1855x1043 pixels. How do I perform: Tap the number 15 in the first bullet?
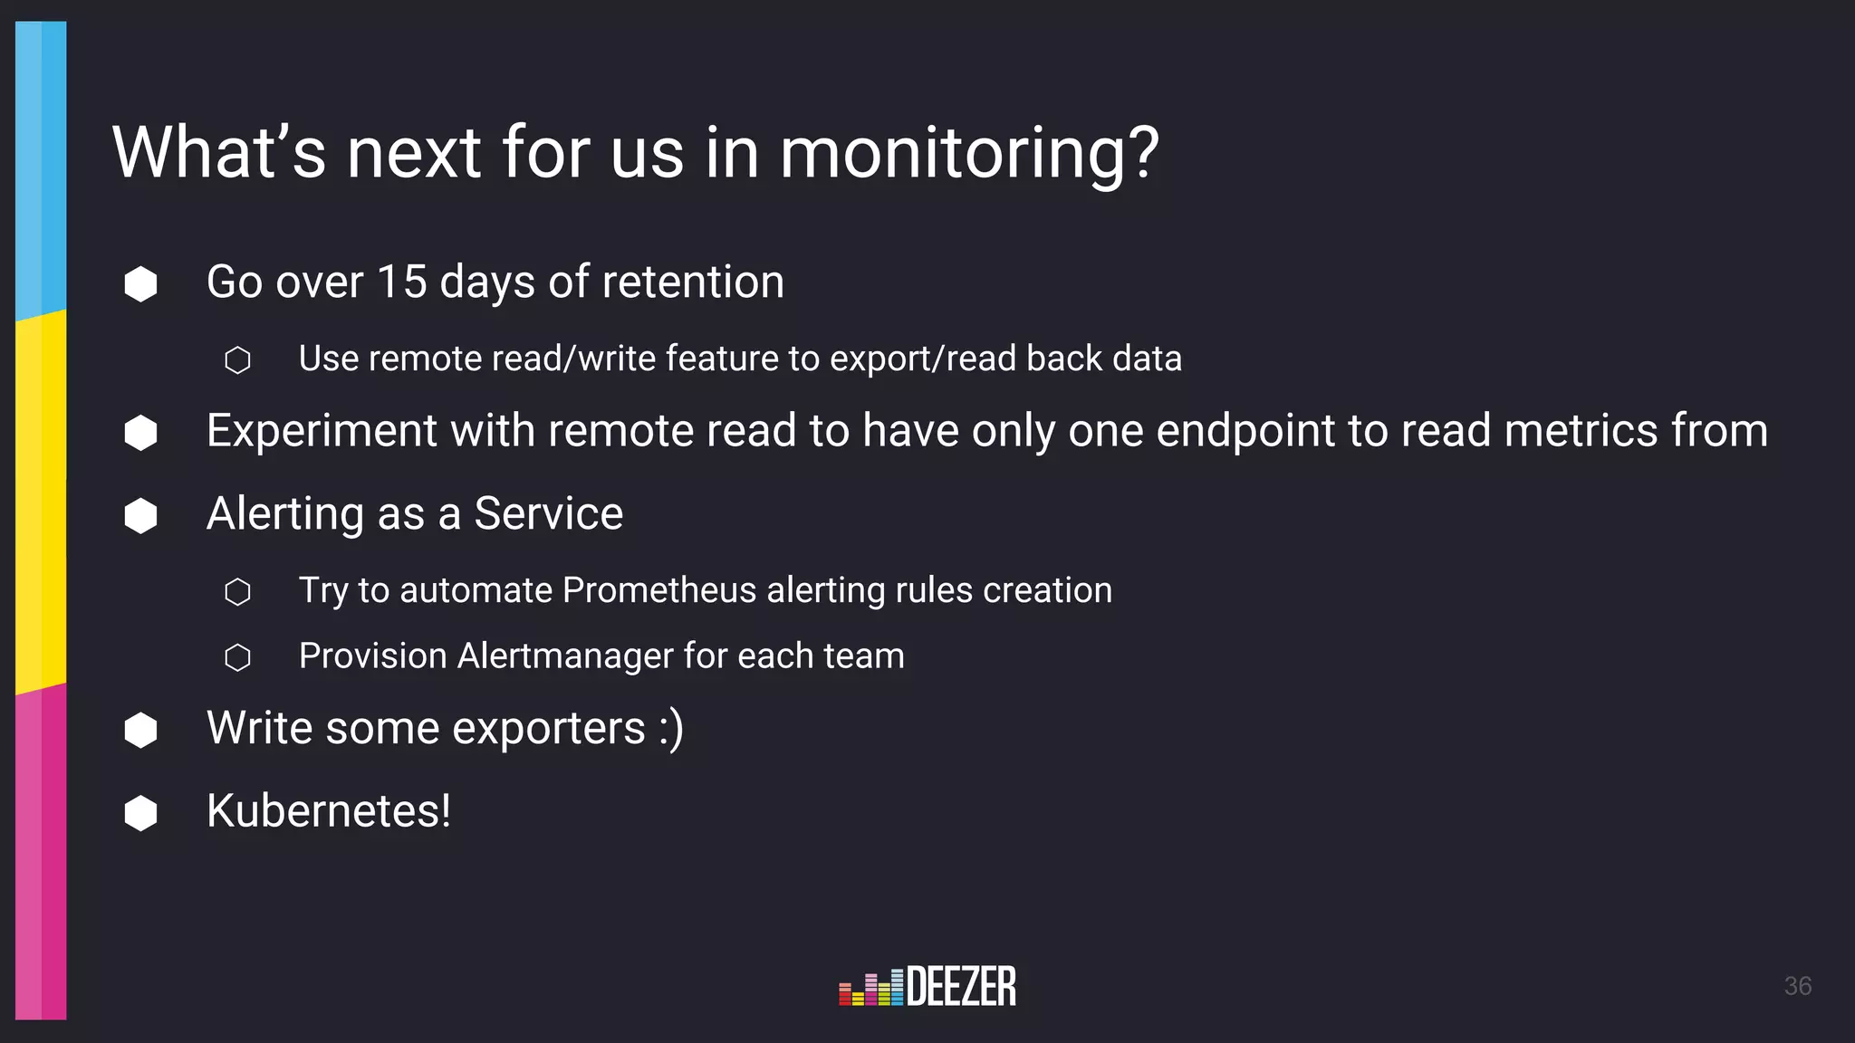tap(401, 282)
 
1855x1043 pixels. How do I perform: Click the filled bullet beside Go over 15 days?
tap(140, 284)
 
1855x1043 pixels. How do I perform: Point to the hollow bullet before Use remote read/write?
tap(237, 360)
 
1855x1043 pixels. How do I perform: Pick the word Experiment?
tap(322, 431)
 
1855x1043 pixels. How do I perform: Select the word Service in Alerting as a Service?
tap(548, 514)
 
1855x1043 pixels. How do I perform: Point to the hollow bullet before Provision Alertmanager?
tap(237, 657)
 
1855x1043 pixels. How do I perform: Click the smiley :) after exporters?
tap(671, 729)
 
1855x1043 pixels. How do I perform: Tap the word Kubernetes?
tap(328, 811)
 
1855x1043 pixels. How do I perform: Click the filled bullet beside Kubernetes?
tap(140, 813)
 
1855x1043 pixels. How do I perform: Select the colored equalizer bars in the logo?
tap(870, 989)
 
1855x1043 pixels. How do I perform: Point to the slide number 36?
tap(1797, 986)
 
